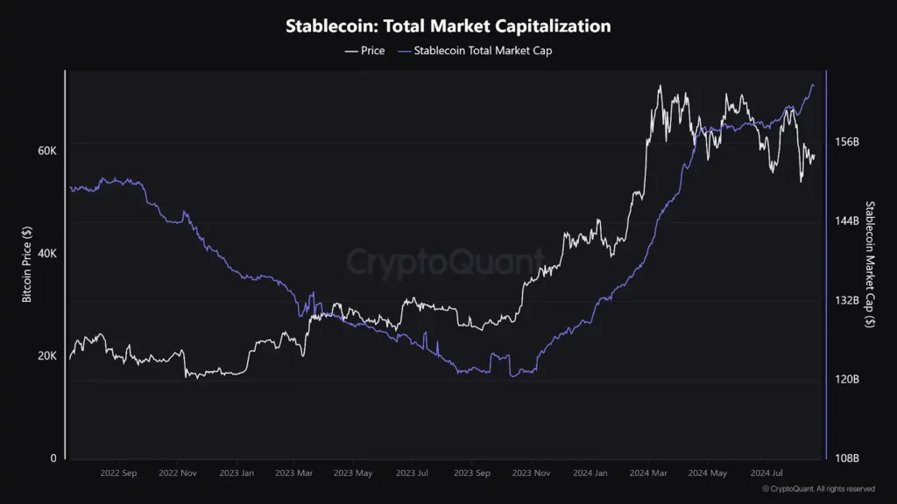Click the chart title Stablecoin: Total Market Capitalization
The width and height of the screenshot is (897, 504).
[448, 26]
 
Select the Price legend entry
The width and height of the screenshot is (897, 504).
[364, 51]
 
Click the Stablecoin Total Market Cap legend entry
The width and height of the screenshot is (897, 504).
[477, 51]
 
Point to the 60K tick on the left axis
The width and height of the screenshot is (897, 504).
[46, 150]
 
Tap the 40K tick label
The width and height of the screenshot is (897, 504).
[46, 254]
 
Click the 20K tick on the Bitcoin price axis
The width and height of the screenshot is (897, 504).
[46, 356]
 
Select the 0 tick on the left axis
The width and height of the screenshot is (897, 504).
[53, 458]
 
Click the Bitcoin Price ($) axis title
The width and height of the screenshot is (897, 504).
[26, 262]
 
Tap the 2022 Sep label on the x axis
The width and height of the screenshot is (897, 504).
[118, 473]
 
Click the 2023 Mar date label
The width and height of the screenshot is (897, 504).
[293, 473]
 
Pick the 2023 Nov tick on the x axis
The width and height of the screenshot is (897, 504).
[532, 473]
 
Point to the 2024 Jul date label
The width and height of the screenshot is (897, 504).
[766, 473]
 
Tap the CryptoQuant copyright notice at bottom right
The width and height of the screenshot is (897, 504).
[818, 489]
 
